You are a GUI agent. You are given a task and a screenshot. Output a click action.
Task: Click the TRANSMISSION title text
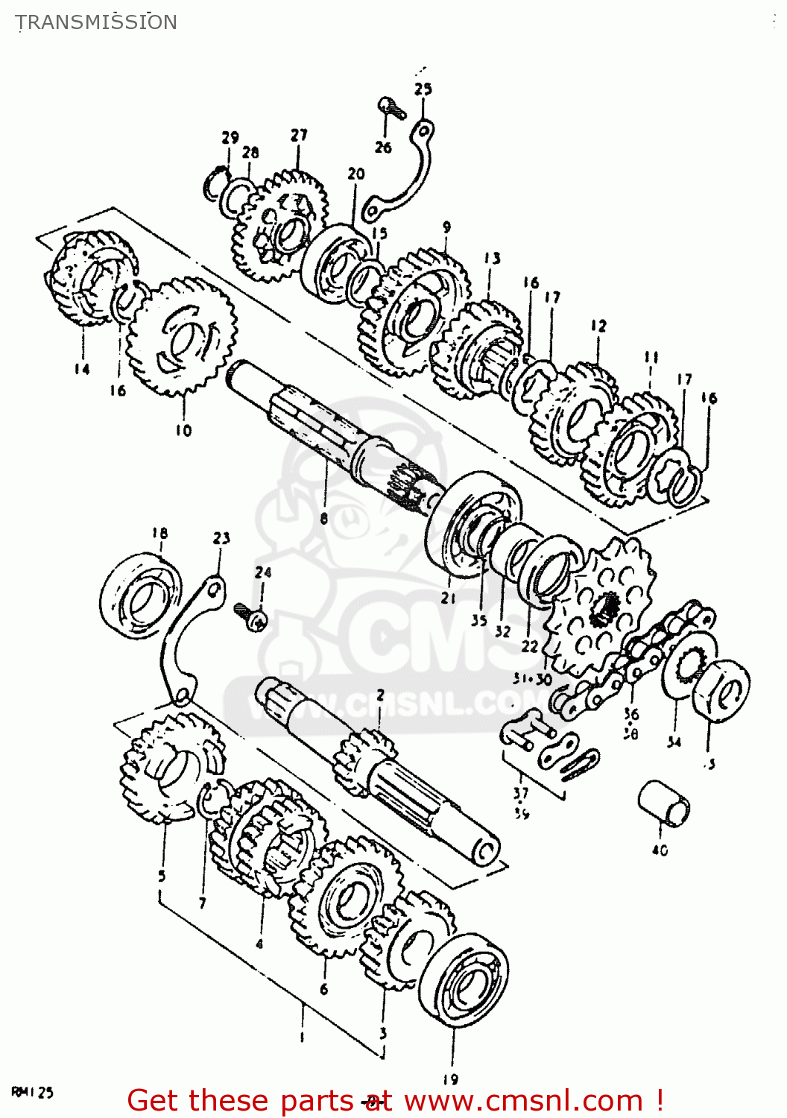[96, 22]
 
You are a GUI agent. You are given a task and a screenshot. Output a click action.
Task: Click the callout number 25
[423, 89]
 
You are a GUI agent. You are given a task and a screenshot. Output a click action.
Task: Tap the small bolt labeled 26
[391, 109]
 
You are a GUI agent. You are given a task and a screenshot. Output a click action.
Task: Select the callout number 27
[299, 135]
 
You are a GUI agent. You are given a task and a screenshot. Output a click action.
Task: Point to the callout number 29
[230, 137]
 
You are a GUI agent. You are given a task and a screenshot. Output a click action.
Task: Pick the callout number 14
[81, 369]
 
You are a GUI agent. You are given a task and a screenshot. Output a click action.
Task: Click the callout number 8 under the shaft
[323, 518]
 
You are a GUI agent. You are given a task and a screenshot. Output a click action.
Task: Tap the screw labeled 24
[251, 616]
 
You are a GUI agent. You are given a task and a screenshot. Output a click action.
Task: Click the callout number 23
[221, 538]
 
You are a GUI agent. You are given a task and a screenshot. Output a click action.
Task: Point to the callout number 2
[380, 695]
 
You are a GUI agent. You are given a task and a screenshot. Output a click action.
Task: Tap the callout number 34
[674, 742]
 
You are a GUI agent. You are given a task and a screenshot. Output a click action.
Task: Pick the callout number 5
[162, 877]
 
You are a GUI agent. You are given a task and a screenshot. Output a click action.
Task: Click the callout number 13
[492, 259]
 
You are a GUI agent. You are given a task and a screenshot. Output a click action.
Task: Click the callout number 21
[448, 597]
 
